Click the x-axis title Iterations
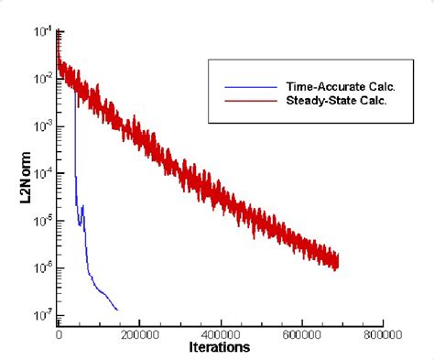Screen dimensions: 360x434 pos(219,348)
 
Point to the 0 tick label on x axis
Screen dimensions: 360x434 pos(60,335)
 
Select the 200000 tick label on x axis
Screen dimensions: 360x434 pos(139,335)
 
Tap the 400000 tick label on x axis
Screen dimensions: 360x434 pos(220,335)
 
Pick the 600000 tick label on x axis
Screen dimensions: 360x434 pos(300,335)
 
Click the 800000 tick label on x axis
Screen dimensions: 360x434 pos(381,335)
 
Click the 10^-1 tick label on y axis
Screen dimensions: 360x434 pos(43,32)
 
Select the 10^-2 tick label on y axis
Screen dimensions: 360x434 pos(43,80)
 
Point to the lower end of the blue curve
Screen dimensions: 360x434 pos(117,310)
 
